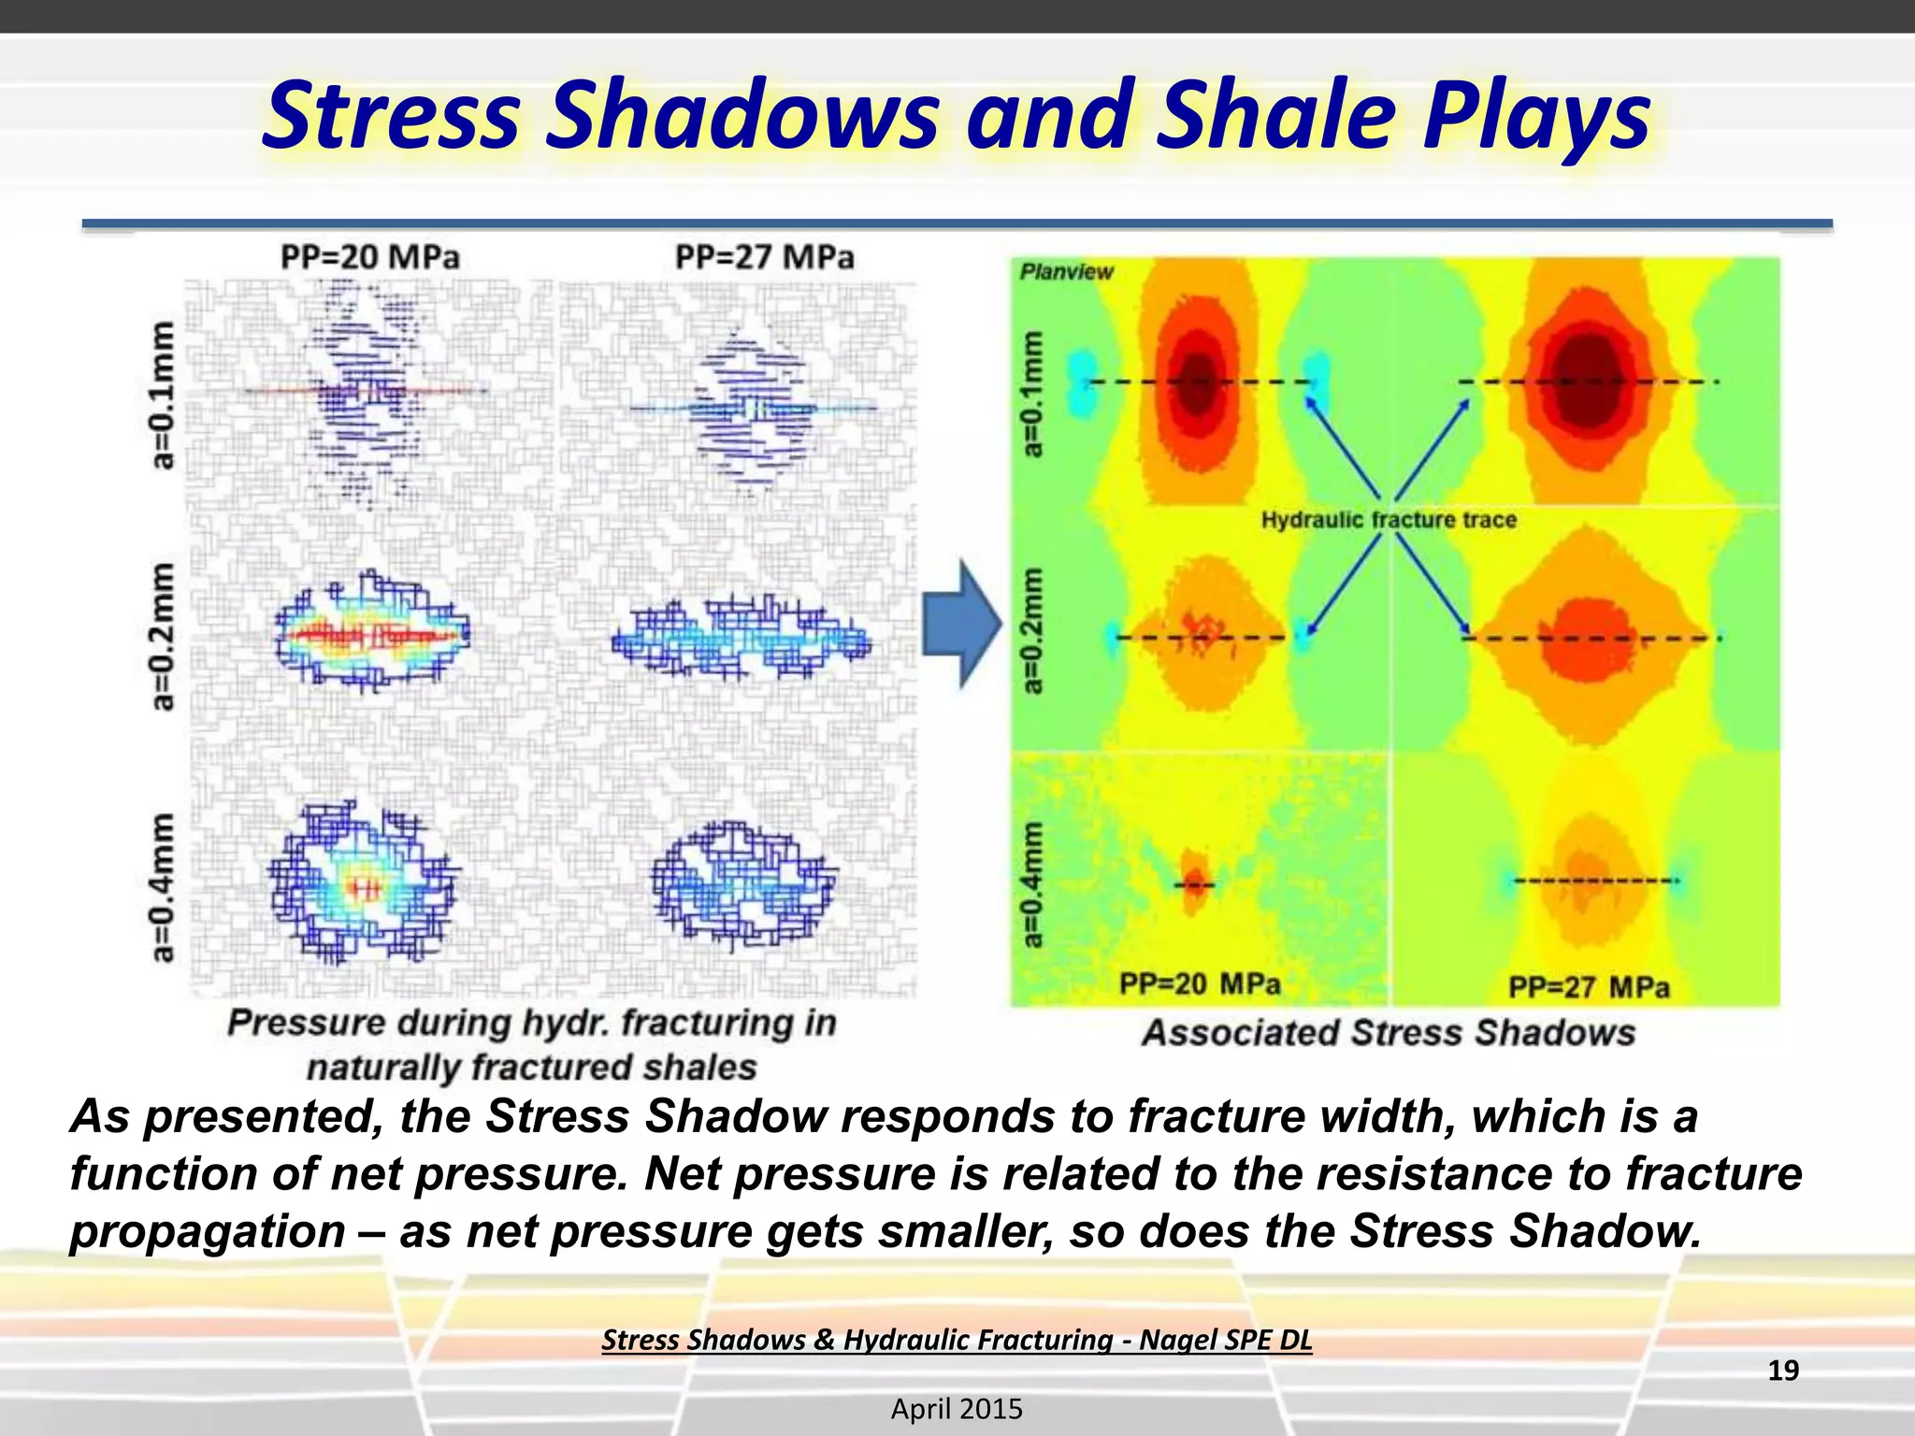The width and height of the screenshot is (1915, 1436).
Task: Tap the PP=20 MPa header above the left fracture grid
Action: point(370,257)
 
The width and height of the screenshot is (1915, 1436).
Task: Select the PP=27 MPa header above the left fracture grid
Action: point(764,257)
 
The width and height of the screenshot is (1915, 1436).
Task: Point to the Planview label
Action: point(1066,272)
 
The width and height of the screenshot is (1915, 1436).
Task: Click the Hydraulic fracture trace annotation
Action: point(1388,520)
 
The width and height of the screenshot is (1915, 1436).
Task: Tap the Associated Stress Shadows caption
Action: point(1389,1033)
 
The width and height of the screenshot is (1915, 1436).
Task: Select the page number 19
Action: point(1783,1371)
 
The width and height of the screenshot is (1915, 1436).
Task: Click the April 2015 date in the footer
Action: point(957,1409)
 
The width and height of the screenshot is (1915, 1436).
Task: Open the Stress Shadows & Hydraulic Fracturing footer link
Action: point(957,1340)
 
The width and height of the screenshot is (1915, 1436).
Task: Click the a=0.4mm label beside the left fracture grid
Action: point(163,886)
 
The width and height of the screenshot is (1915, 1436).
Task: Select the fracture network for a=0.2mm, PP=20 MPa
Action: point(372,633)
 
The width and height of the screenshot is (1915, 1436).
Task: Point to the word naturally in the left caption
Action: point(387,1068)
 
